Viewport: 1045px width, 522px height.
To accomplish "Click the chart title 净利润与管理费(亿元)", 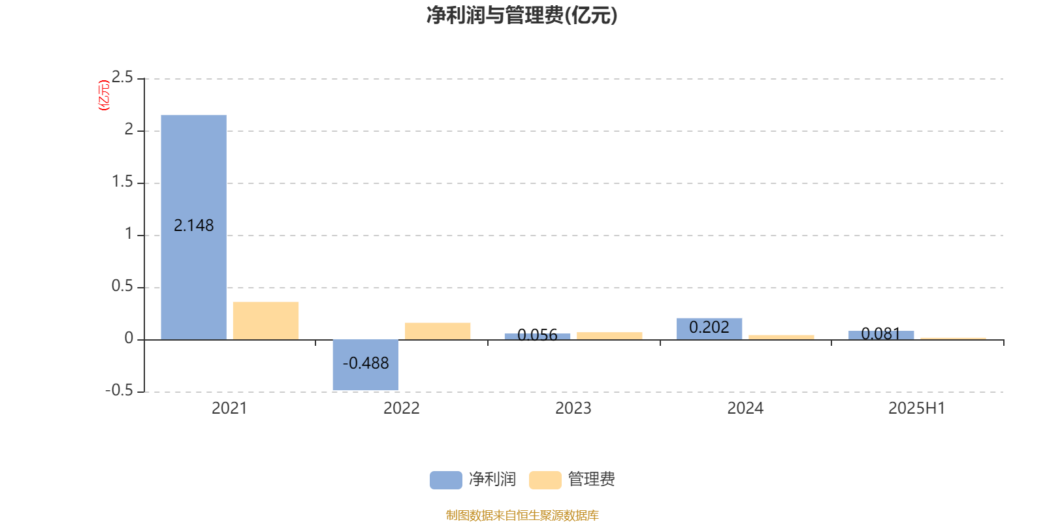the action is (522, 16).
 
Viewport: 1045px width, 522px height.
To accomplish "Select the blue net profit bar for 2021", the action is (193, 228).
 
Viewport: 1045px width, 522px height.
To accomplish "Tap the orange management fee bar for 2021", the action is (266, 320).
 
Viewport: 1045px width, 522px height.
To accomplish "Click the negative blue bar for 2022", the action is (366, 365).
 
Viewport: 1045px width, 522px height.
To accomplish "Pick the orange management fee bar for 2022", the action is (438, 331).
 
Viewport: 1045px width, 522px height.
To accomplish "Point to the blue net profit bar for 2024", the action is (709, 329).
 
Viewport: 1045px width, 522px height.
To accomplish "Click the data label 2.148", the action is (193, 226).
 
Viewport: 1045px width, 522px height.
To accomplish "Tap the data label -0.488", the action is (366, 363).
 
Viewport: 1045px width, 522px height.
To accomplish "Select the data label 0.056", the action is (538, 335).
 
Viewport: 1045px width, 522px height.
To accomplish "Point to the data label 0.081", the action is (881, 333).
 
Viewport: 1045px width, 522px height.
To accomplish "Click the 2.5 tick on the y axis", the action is (122, 77).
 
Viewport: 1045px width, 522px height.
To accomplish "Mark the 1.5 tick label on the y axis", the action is (122, 181).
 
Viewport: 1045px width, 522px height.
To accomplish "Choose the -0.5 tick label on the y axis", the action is (120, 390).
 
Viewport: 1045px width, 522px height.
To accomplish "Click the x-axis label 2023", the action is (573, 408).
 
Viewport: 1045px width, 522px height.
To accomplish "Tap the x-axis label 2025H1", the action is (917, 408).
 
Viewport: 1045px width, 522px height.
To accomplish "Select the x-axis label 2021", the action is (229, 408).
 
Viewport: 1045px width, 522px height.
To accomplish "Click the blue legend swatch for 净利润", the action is (446, 480).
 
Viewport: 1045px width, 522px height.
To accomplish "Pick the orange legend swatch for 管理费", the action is (545, 480).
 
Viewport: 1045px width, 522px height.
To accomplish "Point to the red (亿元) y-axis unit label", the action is (104, 95).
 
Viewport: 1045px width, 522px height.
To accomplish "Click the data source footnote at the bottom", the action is (522, 515).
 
